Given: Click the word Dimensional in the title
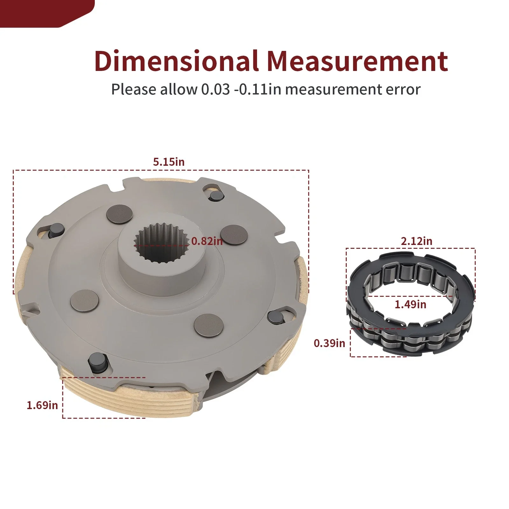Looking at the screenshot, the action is click(x=176, y=61).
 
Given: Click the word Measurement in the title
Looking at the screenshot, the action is click(x=357, y=61).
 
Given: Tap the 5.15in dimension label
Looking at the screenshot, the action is click(x=169, y=162).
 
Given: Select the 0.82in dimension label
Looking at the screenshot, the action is click(x=207, y=241).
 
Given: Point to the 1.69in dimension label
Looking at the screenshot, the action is click(x=42, y=405).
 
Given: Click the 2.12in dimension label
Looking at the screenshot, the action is click(x=416, y=241).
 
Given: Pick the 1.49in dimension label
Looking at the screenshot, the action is click(x=410, y=304).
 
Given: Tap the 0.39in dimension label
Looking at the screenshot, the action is click(x=330, y=343).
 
